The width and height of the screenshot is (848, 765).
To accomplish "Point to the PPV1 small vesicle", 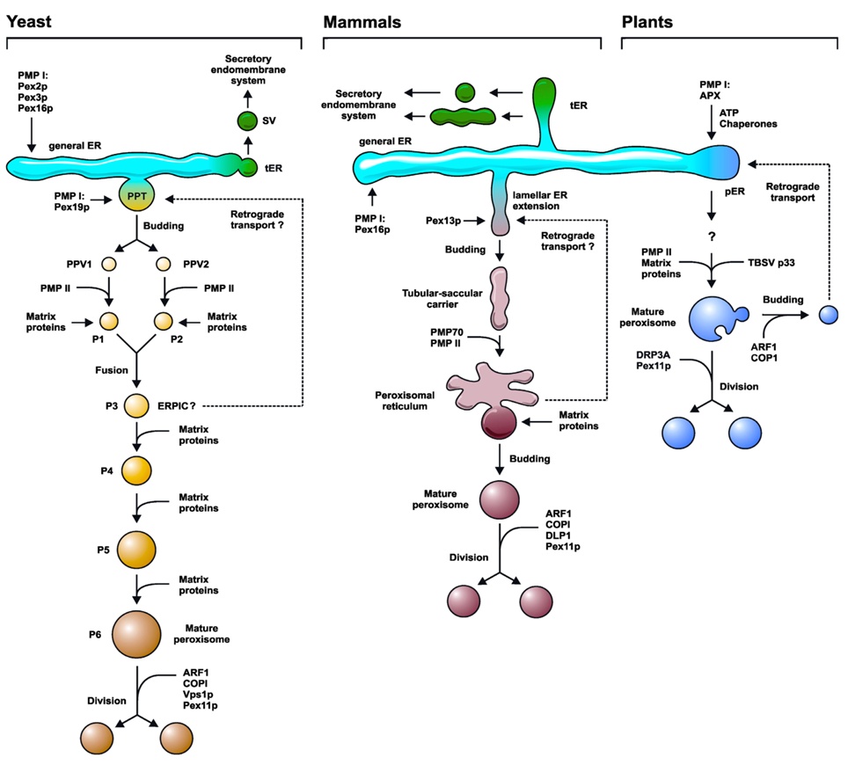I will pyautogui.click(x=109, y=263).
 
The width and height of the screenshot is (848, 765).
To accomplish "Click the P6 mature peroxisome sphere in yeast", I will pyautogui.click(x=135, y=632).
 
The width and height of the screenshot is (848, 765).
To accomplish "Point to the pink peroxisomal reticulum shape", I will pyautogui.click(x=493, y=391).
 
